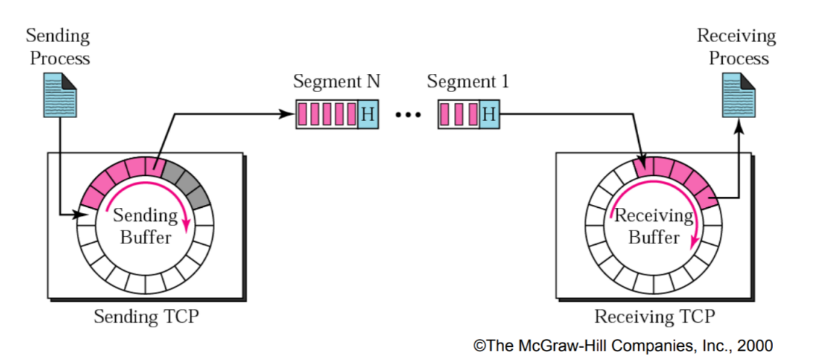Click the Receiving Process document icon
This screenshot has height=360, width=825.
(738, 98)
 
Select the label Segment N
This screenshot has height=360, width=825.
(336, 81)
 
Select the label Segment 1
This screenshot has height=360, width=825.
(467, 81)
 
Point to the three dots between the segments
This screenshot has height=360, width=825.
(409, 114)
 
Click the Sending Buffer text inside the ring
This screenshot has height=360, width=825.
(144, 225)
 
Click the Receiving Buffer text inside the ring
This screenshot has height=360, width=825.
(653, 226)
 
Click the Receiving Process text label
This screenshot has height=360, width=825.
(737, 47)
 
